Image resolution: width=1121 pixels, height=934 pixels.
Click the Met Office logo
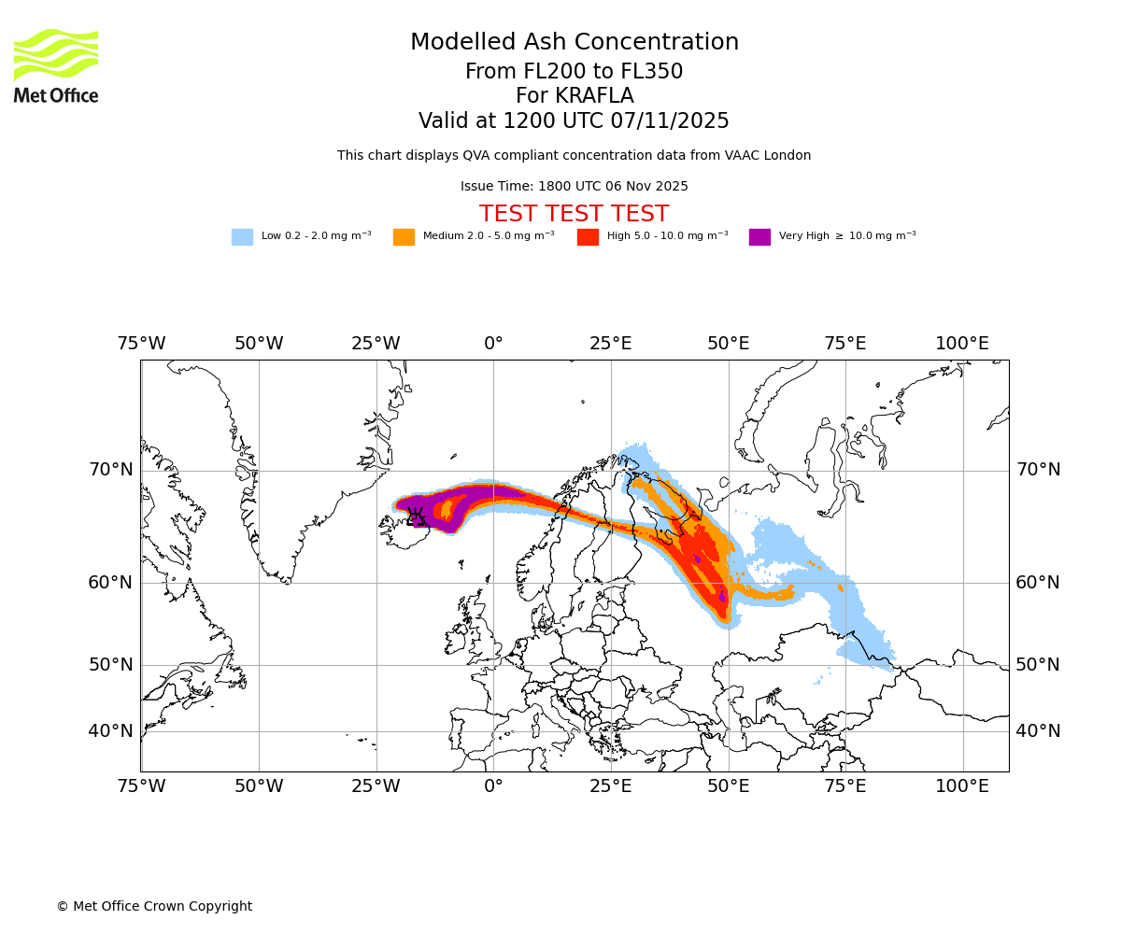tap(56, 65)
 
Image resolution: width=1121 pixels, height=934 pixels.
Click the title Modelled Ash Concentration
tap(574, 43)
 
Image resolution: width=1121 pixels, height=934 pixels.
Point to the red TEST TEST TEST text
tap(574, 214)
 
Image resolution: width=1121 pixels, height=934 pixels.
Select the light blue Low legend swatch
tap(242, 236)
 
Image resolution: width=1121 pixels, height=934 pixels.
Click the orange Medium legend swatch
tap(404, 236)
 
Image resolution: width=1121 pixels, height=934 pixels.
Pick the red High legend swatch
tap(588, 236)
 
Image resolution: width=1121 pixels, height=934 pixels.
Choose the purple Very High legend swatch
tap(759, 236)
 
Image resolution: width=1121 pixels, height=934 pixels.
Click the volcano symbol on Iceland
tap(417, 517)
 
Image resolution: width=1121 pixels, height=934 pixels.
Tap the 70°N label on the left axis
tap(110, 470)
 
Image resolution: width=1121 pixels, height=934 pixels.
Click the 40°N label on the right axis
tap(1038, 731)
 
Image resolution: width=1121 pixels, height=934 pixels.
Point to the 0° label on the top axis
tap(493, 344)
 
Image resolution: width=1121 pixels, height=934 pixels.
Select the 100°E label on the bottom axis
tap(962, 786)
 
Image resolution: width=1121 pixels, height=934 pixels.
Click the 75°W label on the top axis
tap(141, 344)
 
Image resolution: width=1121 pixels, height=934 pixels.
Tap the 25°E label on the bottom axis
tap(610, 786)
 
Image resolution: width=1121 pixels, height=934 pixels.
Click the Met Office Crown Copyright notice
tap(154, 906)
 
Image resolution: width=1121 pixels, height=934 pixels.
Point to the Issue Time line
tap(574, 186)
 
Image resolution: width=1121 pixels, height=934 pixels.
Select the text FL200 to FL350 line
tap(574, 72)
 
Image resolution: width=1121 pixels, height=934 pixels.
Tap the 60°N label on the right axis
tap(1038, 583)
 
